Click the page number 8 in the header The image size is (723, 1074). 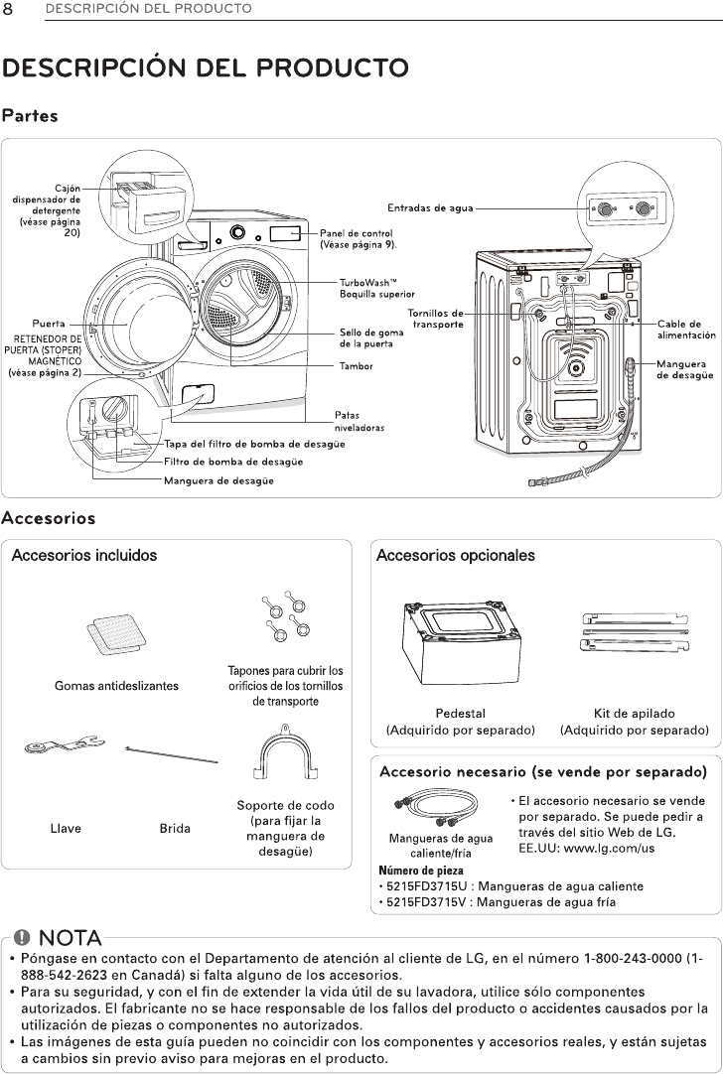point(9,9)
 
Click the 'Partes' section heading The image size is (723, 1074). point(30,116)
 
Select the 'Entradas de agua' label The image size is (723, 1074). point(429,208)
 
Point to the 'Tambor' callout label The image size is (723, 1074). point(357,366)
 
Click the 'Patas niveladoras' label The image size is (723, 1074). point(360,421)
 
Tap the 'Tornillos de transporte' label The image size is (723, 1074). point(436,319)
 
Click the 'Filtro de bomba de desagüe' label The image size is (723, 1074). point(233,462)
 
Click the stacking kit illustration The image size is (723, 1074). point(634,631)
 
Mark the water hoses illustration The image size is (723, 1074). point(428,808)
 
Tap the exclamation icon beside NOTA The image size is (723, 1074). point(23,938)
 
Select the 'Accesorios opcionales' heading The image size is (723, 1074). point(455,556)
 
